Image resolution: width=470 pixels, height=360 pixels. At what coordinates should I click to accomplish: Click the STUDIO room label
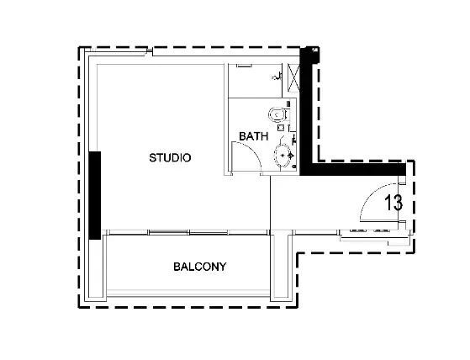[x=170, y=157]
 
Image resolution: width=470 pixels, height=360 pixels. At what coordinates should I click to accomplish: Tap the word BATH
[x=254, y=136]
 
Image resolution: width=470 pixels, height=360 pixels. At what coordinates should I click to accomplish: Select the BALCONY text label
[x=200, y=267]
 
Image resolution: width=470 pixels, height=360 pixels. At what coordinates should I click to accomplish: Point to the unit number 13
[x=393, y=203]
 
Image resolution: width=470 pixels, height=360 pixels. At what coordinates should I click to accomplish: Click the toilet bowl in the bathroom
[x=277, y=114]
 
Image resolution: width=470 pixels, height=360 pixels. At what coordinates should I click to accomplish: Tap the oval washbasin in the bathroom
[x=283, y=156]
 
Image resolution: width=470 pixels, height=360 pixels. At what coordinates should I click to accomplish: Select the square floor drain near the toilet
[x=281, y=128]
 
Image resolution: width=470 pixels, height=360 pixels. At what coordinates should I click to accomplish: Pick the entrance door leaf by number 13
[x=379, y=221]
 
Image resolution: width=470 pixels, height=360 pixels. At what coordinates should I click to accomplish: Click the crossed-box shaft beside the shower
[x=293, y=77]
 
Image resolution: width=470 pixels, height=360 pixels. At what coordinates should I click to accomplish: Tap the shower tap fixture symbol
[x=277, y=77]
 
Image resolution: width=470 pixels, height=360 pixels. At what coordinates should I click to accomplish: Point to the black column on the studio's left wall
[x=95, y=195]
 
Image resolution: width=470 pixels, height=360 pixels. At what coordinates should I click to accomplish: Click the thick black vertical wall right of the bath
[x=307, y=110]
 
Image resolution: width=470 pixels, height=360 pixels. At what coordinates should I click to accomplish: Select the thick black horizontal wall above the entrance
[x=353, y=169]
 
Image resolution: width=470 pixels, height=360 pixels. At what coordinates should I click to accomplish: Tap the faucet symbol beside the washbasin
[x=290, y=156]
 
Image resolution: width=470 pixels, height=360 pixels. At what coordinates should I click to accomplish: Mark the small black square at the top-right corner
[x=314, y=50]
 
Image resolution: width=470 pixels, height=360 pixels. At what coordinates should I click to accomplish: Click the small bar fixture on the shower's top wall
[x=245, y=66]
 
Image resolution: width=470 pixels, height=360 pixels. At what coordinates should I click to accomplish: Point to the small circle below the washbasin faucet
[x=294, y=166]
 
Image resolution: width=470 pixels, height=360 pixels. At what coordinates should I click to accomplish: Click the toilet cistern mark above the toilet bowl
[x=288, y=103]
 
